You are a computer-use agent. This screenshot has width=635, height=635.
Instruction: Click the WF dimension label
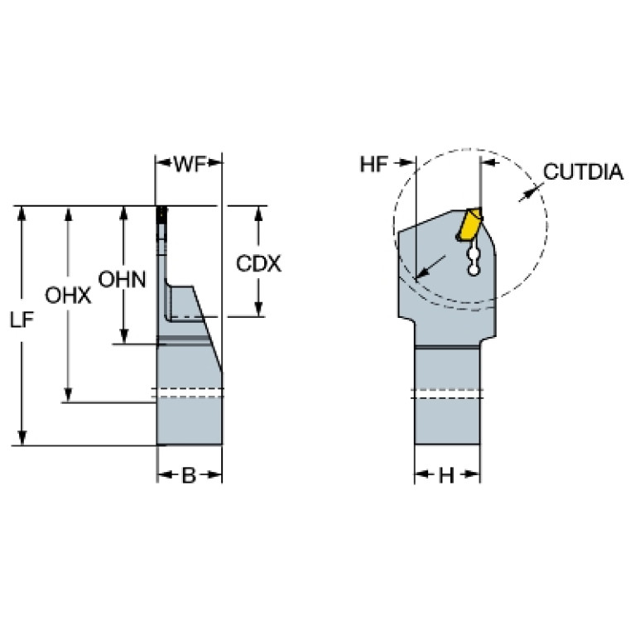[x=190, y=164]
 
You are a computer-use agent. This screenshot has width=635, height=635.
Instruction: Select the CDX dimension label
[x=258, y=264]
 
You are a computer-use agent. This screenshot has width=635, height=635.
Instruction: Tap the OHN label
[x=122, y=280]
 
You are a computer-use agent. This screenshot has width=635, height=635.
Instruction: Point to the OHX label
[x=68, y=296]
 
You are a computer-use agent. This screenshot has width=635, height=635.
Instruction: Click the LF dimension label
[x=22, y=320]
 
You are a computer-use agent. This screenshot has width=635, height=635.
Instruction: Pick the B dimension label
[x=189, y=475]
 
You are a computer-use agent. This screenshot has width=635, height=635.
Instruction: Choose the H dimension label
[x=446, y=475]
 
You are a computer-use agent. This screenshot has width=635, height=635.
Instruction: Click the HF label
[x=373, y=165]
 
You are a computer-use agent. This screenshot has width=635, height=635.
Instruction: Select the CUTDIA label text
[x=583, y=171]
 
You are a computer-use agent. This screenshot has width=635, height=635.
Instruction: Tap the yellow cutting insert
[x=469, y=225]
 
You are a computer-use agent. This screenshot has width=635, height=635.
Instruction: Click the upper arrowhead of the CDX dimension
[x=259, y=214]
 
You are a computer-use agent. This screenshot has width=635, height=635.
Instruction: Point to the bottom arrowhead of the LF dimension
[x=22, y=437]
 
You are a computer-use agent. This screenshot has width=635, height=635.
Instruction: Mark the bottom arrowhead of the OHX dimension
[x=69, y=394]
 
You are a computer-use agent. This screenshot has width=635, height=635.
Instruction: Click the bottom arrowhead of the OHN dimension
[x=124, y=336]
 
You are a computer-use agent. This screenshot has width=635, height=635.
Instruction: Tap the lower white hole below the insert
[x=473, y=271]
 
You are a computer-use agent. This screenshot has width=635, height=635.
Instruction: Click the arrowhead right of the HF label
[x=408, y=163]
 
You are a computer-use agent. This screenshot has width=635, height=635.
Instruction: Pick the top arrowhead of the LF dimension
[x=22, y=214]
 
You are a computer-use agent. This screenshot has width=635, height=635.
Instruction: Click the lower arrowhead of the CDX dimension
[x=259, y=309]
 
